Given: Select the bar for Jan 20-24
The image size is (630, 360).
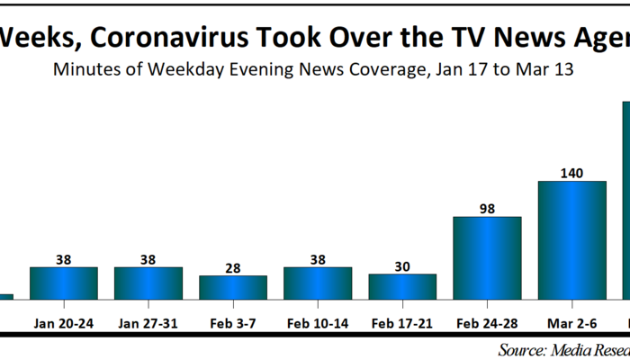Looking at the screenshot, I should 64,283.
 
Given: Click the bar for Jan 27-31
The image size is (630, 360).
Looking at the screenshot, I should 148,283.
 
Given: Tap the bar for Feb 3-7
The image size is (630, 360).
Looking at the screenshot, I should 233,287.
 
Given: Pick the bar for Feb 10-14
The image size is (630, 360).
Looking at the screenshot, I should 318,283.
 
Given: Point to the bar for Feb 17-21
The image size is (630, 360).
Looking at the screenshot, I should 402,286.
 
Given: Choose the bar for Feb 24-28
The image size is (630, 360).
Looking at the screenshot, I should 487,257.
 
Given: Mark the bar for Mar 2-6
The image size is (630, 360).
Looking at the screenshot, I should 571,239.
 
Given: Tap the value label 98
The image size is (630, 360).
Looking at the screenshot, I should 487,208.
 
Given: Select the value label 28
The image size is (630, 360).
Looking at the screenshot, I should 233,267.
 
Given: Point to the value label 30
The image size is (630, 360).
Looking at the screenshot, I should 402,265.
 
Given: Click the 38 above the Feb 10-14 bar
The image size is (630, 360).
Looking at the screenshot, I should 318,259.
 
